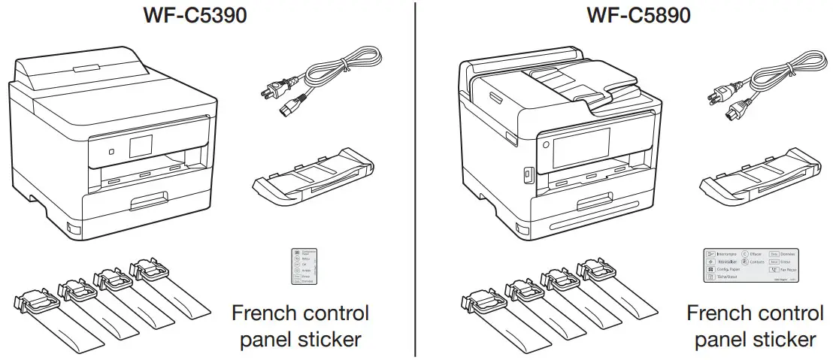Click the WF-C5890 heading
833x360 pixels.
pyautogui.click(x=640, y=16)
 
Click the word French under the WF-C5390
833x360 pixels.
pyautogui.click(x=268, y=313)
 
